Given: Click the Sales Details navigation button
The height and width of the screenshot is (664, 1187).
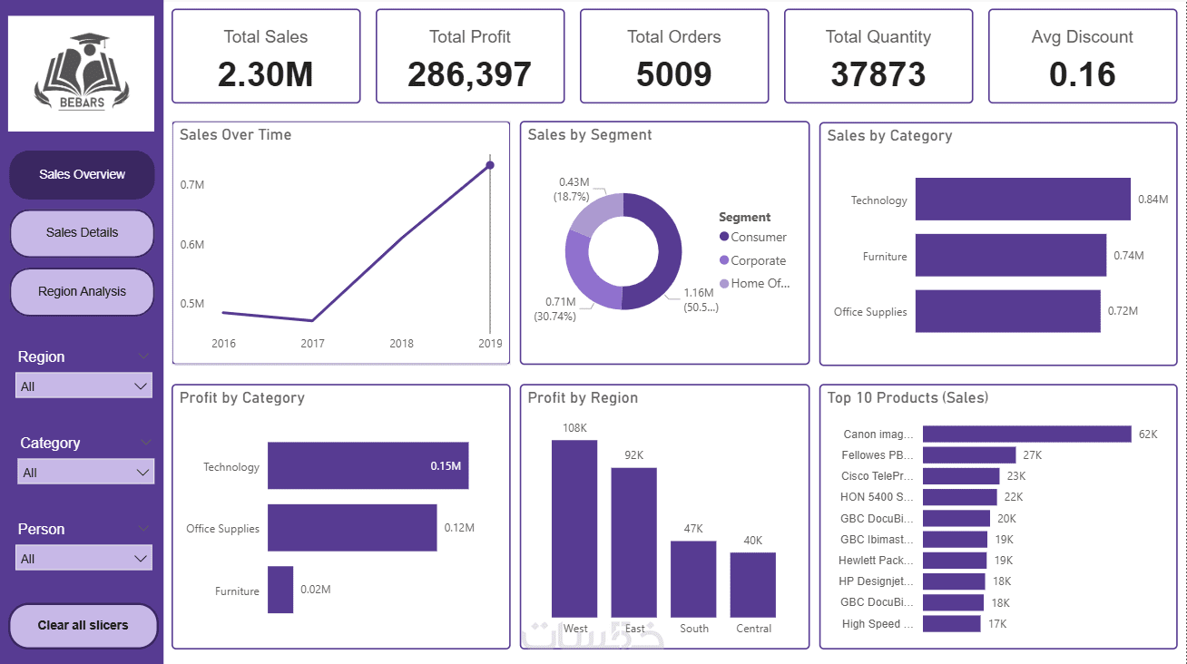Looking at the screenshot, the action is (83, 233).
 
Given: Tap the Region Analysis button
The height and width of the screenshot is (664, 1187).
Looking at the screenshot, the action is (83, 292).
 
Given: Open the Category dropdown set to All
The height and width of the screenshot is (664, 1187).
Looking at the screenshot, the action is (85, 472).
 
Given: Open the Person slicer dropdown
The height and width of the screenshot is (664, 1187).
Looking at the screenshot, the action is (83, 558).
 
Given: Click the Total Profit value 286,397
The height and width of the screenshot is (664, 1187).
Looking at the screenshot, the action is (469, 74).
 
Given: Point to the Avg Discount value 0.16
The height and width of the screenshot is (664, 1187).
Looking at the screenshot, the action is (1082, 74).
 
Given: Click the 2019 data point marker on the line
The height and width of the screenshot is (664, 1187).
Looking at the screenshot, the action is (490, 165).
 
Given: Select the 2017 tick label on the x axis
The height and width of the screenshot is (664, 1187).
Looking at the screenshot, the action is (313, 344).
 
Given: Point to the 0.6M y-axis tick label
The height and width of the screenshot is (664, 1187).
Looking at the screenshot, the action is (191, 245).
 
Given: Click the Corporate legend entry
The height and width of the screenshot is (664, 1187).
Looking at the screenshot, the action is (752, 260).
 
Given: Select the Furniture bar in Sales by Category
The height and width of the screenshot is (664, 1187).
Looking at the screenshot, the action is (1011, 255).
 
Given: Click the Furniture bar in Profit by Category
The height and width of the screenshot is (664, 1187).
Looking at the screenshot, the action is (280, 590).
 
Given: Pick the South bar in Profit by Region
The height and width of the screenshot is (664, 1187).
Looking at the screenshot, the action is (693, 580).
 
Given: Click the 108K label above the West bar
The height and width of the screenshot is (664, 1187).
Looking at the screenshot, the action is (574, 428).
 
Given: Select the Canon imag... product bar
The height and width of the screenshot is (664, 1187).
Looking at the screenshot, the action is (1027, 435).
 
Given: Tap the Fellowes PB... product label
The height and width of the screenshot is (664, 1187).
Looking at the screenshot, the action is (878, 455).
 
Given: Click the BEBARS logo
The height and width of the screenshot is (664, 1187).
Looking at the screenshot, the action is (82, 73).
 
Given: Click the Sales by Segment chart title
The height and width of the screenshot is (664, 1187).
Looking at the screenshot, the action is (589, 135).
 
